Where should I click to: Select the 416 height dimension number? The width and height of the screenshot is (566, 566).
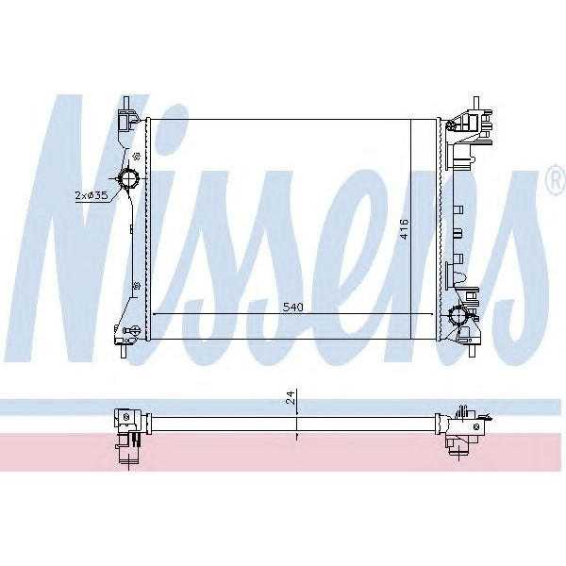(404, 228)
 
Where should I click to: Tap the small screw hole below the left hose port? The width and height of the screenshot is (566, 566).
(138, 286)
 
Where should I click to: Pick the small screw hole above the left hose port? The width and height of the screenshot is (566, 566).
(138, 155)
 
